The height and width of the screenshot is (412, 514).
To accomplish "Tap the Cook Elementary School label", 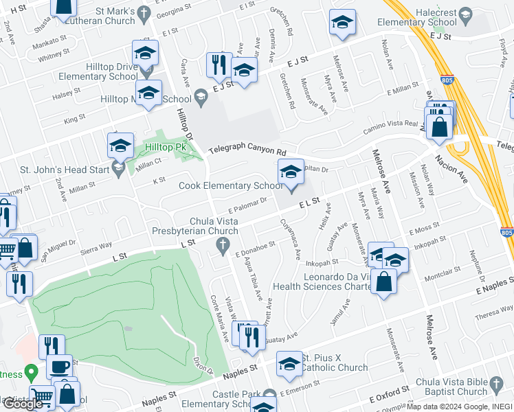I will [230, 185].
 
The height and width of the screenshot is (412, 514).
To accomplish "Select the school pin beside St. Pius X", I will [289, 365].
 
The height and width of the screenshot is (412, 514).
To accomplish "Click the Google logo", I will [23, 404].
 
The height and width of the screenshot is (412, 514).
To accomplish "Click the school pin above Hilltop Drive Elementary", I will [146, 53].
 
